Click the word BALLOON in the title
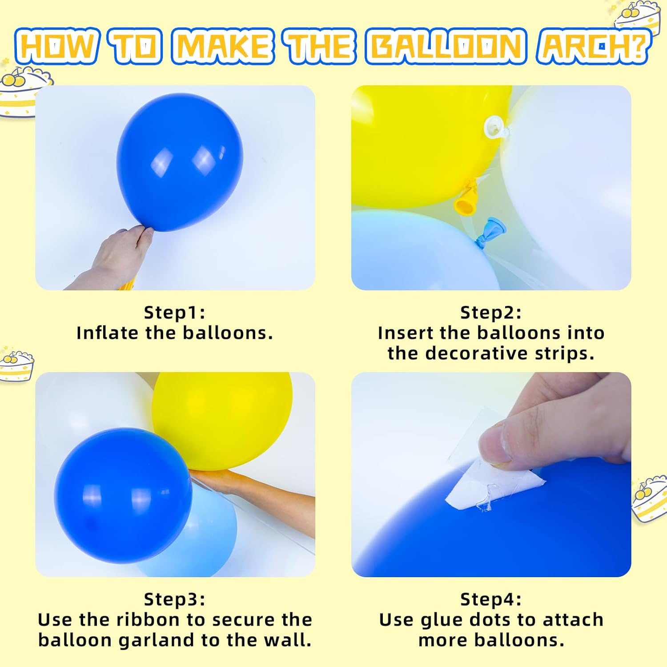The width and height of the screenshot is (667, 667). [446, 46]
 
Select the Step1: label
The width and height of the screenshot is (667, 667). [175, 313]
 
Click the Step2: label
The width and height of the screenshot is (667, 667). [491, 313]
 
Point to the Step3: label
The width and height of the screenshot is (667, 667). [175, 599]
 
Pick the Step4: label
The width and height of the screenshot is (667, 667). [491, 599]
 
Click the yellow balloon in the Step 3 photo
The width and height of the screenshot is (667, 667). [222, 418]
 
